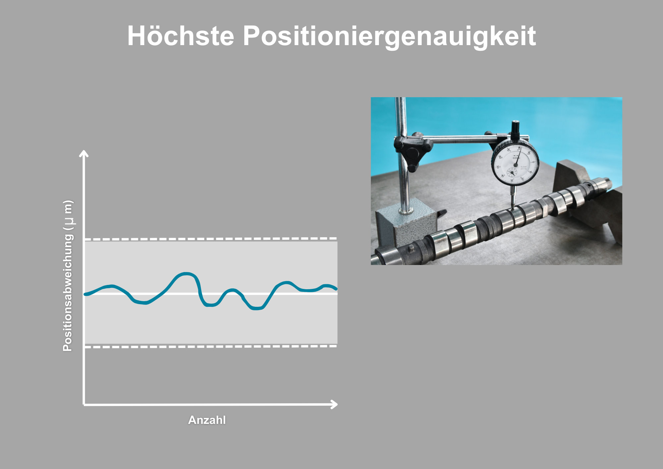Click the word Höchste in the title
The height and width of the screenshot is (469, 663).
point(181,36)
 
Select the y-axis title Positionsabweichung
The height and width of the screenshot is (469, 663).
point(68,275)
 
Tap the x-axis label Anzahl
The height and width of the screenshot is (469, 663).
point(207,420)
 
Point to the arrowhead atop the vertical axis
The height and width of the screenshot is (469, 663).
point(84,153)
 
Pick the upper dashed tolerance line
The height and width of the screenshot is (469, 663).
point(211,239)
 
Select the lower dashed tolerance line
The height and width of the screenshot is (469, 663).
point(211,347)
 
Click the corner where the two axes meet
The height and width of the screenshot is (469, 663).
point(84,405)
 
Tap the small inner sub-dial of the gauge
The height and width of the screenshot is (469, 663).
point(512,172)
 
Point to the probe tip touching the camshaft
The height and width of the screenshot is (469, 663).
point(512,207)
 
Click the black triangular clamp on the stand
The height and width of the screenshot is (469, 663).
point(413,151)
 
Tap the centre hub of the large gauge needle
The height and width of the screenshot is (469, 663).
point(515,164)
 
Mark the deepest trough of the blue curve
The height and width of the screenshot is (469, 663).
point(257,308)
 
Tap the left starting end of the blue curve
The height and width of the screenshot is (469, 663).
point(86,294)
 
